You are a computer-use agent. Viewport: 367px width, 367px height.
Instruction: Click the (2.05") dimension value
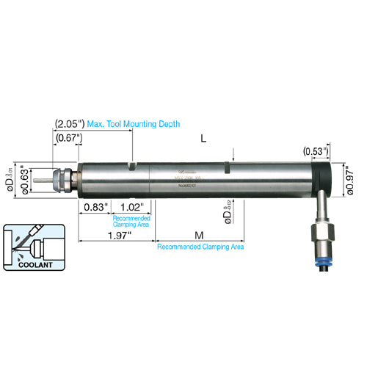[x=70, y=124]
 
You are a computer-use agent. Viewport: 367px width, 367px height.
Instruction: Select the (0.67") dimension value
[x=67, y=138]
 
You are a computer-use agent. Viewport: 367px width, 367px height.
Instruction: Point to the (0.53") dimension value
[x=316, y=151]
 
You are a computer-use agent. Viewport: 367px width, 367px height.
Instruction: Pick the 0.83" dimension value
[x=94, y=208]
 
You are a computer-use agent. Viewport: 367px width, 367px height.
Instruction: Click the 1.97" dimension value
[x=118, y=235]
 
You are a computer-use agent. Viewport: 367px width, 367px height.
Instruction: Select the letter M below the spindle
[x=199, y=235]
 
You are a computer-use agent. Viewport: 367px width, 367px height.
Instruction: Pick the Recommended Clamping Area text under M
[x=200, y=247]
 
